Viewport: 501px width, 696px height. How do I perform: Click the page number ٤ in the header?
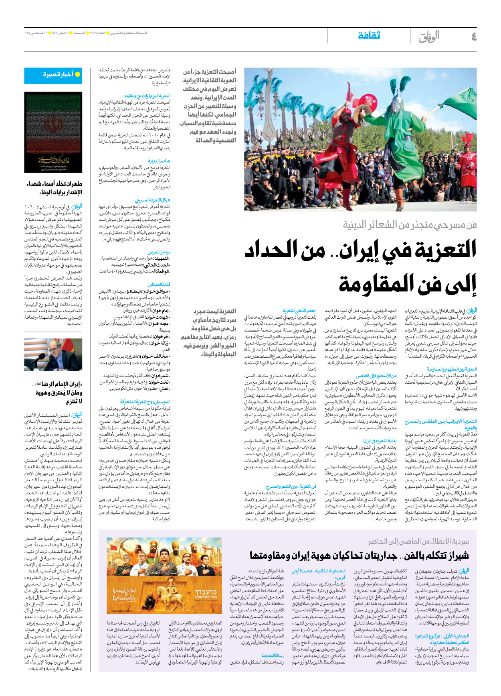point(474,37)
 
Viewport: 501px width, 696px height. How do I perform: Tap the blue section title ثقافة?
point(369,36)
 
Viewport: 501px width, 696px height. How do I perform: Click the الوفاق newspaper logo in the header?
point(429,37)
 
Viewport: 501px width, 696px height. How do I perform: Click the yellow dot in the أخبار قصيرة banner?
point(78,74)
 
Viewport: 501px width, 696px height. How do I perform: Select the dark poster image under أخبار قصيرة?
point(53,132)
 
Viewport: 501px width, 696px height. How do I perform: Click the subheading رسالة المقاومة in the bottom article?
point(273,655)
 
